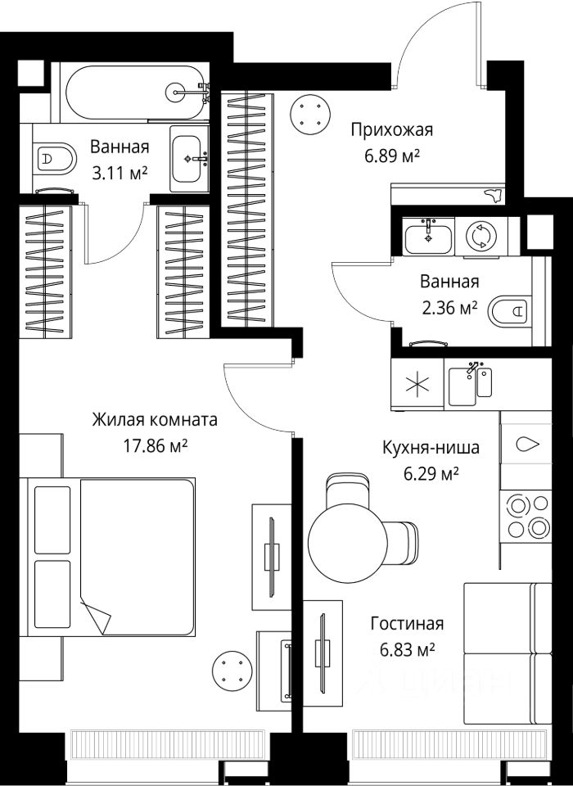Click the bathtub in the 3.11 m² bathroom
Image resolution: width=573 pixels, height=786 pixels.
click(134, 92)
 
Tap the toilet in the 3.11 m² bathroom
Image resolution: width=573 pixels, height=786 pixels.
click(54, 158)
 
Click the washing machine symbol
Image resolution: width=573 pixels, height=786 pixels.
click(481, 236)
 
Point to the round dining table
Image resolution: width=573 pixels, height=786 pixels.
click(347, 543)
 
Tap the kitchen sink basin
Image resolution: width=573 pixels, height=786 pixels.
click(462, 386)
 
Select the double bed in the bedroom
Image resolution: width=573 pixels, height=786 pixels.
click(107, 557)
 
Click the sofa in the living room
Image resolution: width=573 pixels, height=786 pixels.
click(508, 653)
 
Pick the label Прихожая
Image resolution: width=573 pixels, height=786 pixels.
click(391, 130)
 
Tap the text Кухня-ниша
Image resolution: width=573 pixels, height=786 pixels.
click(431, 447)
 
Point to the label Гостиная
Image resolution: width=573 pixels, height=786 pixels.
click(407, 624)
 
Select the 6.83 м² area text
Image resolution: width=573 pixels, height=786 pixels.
click(407, 650)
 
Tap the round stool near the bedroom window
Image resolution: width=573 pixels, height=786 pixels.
click(232, 671)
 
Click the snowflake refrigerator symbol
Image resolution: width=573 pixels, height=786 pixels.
click(417, 385)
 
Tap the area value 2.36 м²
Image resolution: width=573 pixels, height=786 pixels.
click(449, 307)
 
